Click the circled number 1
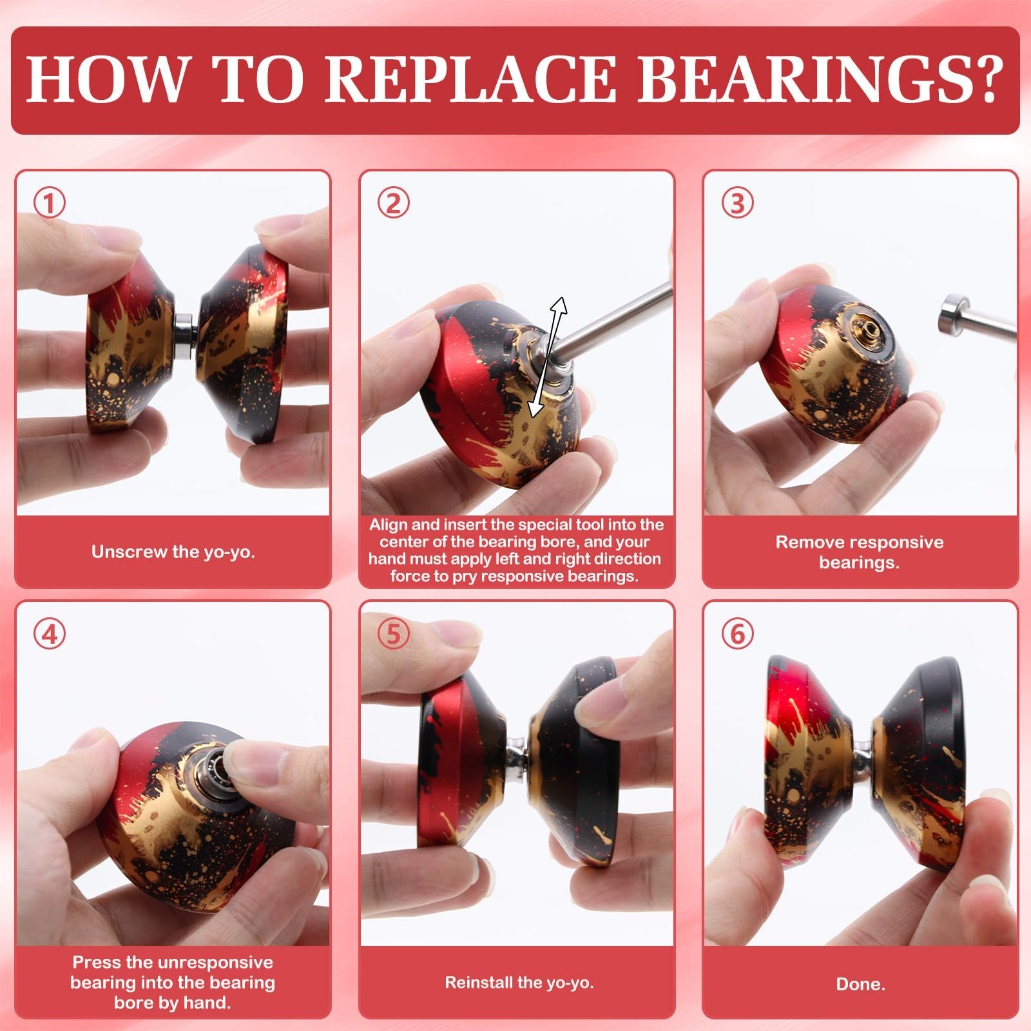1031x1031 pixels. coord(50,204)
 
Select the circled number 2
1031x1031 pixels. coord(393,204)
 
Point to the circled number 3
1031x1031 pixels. coord(737,204)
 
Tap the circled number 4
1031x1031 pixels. coord(50,634)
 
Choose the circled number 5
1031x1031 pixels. coord(393,634)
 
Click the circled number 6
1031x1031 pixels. coord(737,634)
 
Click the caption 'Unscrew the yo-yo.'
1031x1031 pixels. coord(173,552)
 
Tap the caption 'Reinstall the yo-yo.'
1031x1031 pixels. coord(519,983)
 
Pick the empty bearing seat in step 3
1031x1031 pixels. coord(867,332)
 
